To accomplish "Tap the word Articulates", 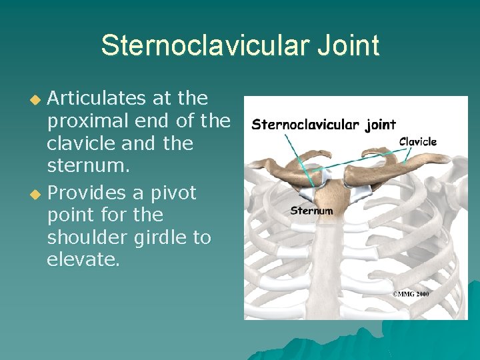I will click(x=96, y=99).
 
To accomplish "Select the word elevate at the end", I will click(x=82, y=260).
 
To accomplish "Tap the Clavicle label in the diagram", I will click(x=418, y=141).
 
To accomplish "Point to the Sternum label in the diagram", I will click(x=311, y=211).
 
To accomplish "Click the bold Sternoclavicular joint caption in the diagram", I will click(x=323, y=124).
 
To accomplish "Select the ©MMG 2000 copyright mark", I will click(x=410, y=294).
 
